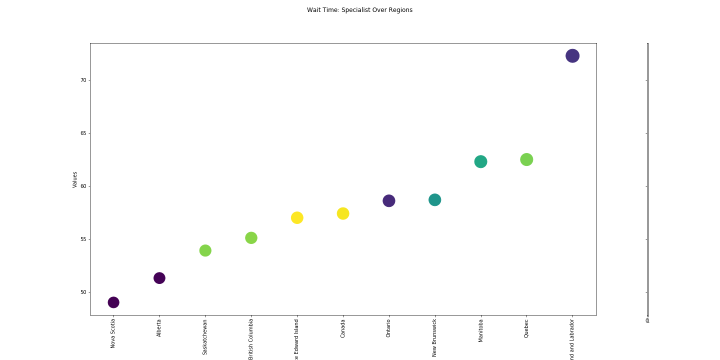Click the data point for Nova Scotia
[x=113, y=302]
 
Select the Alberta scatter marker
[x=159, y=278]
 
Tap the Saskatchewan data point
[x=205, y=250]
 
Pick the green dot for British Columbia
[x=251, y=238]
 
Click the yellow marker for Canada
[x=343, y=213]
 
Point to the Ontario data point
[x=389, y=200]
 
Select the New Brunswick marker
[x=435, y=200]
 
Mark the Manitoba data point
[x=480, y=161]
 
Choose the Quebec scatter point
[x=526, y=159]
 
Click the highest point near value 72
[x=572, y=56]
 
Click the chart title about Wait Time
[x=359, y=10]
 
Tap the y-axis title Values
[x=75, y=179]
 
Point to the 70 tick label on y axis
[x=82, y=80]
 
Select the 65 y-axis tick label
[x=82, y=133]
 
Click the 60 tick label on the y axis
[x=82, y=186]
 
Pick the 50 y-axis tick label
[x=82, y=292]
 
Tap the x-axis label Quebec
[x=526, y=328]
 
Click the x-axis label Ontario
[x=389, y=328]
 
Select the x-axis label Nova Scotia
[x=113, y=333]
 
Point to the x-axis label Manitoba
[x=481, y=330]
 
